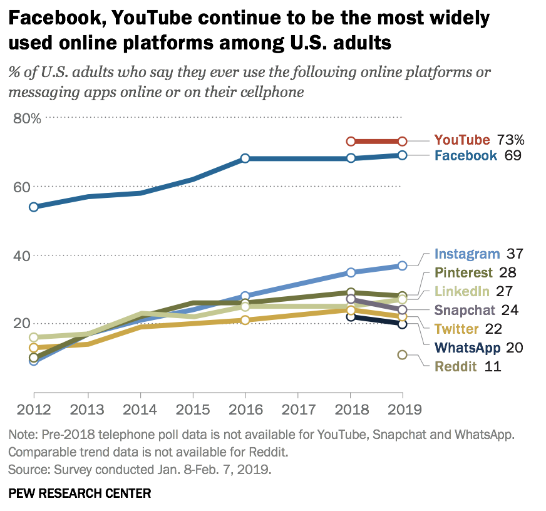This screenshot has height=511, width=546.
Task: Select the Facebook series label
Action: point(466,156)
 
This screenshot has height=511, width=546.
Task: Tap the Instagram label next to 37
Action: point(467,254)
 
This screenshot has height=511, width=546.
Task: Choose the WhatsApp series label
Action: point(468,348)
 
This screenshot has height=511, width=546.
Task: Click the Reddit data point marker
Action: point(403,355)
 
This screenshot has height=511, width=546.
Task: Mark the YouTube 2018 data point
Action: point(351,142)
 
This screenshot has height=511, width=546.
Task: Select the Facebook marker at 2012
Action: point(34,207)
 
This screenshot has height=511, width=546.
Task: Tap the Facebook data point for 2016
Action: point(245,158)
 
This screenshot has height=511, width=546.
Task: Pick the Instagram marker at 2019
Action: point(403,266)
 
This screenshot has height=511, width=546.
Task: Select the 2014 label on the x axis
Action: point(140,410)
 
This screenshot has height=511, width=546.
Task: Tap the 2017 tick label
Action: point(298,410)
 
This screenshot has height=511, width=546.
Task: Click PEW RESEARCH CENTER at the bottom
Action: point(80,493)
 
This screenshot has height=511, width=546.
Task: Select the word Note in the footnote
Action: point(21,435)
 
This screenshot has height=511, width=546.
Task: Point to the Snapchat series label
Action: point(465,310)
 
